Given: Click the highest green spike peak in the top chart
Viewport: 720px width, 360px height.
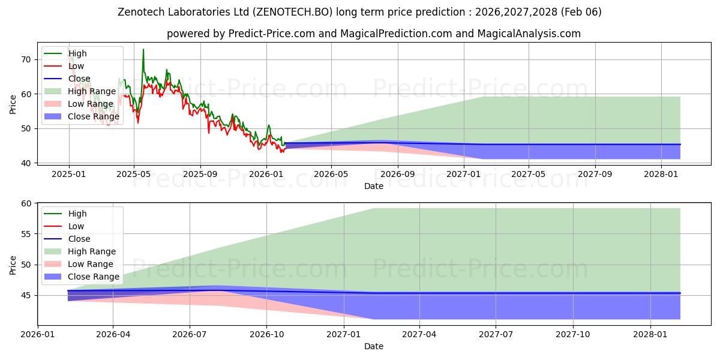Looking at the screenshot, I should click(143, 49).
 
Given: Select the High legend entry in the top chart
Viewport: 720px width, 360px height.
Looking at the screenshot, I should click(77, 53).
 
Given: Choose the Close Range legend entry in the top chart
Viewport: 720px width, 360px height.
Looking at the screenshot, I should click(94, 116).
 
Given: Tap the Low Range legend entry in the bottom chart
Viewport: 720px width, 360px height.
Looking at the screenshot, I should click(91, 264).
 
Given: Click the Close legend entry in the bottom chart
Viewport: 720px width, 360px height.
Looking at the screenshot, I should click(79, 239).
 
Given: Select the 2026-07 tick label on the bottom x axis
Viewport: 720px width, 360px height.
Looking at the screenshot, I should click(190, 334).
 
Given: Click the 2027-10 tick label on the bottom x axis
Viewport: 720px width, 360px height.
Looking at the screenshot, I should click(573, 334).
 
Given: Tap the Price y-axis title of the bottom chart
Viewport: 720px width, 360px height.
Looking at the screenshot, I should click(13, 265).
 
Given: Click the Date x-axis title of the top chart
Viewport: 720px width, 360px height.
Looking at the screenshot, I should click(374, 186).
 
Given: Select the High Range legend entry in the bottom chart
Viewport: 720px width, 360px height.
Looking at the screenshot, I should click(92, 251).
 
